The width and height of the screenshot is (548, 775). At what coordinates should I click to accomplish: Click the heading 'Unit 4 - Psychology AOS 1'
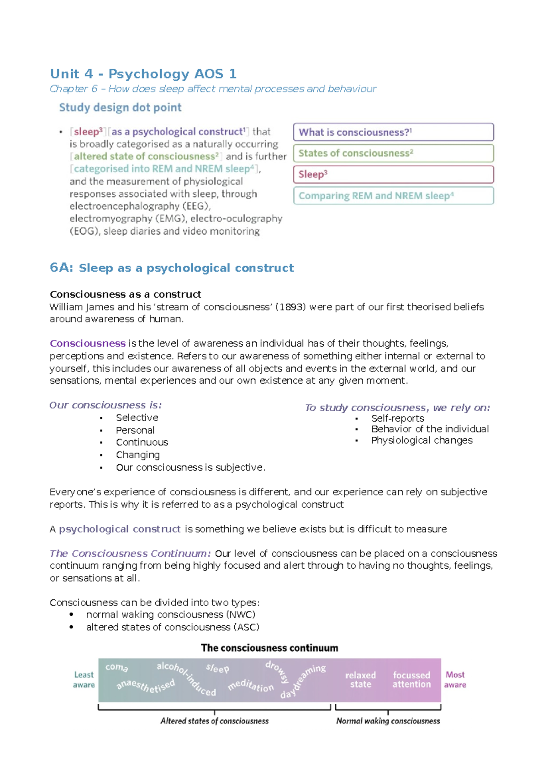[x=143, y=74]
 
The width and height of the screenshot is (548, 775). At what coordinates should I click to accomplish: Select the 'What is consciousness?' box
[x=393, y=132]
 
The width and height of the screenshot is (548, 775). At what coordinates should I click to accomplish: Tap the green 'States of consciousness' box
[x=393, y=153]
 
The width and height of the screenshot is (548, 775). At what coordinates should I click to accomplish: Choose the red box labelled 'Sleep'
[x=393, y=174]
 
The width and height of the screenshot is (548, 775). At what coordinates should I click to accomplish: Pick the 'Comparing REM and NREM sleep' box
[x=393, y=196]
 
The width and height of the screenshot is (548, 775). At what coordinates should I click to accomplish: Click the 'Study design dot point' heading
[x=120, y=108]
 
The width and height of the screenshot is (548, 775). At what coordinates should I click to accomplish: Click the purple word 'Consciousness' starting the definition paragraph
[x=87, y=344]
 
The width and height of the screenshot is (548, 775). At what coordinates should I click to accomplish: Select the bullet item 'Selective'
[x=137, y=418]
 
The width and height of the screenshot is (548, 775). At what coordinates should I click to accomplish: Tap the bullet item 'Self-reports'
[x=397, y=418]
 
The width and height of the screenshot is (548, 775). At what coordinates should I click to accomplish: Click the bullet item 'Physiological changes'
[x=422, y=440]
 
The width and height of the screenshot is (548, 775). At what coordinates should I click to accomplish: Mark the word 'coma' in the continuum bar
[x=116, y=667]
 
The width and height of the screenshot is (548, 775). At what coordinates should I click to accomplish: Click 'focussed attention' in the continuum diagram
[x=411, y=680]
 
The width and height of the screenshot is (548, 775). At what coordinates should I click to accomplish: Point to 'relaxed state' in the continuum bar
[x=360, y=680]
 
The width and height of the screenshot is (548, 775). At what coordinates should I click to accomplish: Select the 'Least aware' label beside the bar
[x=84, y=680]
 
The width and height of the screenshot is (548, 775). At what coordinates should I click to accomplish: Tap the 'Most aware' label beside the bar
[x=455, y=680]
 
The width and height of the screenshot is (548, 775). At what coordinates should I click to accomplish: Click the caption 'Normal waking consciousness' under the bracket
[x=388, y=721]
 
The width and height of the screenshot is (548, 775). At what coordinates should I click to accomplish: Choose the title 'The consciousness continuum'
[x=269, y=648]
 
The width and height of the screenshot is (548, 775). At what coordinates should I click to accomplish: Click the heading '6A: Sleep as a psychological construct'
[x=172, y=268]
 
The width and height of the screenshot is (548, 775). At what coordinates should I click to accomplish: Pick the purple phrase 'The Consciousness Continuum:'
[x=130, y=554]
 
